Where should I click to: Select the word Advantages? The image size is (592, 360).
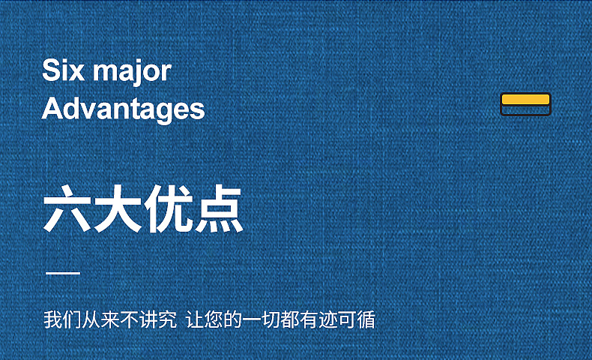(x=123, y=109)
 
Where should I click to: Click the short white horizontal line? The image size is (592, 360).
(x=63, y=273)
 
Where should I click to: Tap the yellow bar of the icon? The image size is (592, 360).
(x=525, y=99)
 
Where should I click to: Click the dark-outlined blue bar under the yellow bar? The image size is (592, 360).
(x=525, y=110)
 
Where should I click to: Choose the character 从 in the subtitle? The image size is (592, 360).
(x=88, y=320)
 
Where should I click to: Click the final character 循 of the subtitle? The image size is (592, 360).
(x=365, y=320)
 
